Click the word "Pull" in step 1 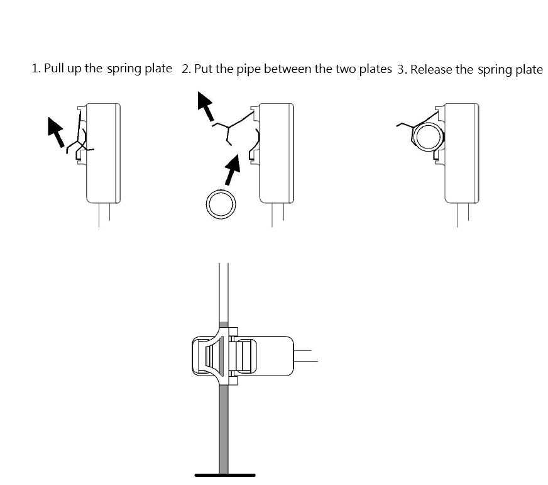coord(53,68)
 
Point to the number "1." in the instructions coord(36,69)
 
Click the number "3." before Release coord(402,70)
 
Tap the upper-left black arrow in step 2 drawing coord(205,106)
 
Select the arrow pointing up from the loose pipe coord(233,169)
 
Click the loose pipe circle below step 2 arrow coord(221,204)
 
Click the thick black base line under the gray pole coord(225,475)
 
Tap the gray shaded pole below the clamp coord(224,429)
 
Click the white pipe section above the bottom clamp coord(224,293)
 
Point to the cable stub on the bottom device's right coord(306,355)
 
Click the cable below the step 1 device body coord(104,215)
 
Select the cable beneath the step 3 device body coord(463,215)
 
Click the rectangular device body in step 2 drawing coord(277,153)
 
